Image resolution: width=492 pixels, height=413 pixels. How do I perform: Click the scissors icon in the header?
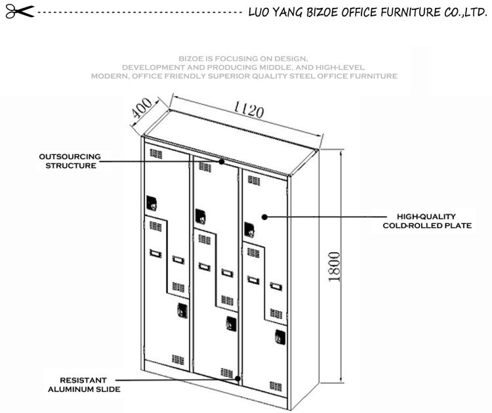(x=20, y=12)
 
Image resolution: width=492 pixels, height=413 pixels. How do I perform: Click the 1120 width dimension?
(x=249, y=109)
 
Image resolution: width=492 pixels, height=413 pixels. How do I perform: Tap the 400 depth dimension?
(x=142, y=108)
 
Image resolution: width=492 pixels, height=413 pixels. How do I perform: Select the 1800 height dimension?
(x=334, y=267)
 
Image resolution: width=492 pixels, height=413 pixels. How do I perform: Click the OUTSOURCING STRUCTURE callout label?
(x=70, y=161)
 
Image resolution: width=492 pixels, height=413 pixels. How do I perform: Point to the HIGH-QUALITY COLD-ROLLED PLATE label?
(x=427, y=221)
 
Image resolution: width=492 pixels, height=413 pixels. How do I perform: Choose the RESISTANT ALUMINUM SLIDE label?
(x=84, y=385)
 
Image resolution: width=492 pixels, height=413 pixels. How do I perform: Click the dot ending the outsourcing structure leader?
(x=222, y=162)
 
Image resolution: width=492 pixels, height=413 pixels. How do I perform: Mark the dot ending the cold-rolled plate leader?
(x=264, y=217)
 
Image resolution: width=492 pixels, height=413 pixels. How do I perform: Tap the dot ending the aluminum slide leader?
(x=238, y=378)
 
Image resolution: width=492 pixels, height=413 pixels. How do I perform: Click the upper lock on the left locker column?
(x=152, y=203)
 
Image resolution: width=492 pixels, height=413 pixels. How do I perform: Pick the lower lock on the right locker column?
(x=280, y=337)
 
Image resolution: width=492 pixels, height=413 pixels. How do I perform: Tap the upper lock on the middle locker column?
(x=200, y=217)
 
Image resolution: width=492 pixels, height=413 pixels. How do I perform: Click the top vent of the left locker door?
(x=156, y=154)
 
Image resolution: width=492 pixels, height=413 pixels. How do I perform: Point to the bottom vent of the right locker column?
(x=276, y=386)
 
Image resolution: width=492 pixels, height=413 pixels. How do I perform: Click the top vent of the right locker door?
(x=254, y=181)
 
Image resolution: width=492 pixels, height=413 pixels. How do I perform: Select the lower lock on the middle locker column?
(x=232, y=324)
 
